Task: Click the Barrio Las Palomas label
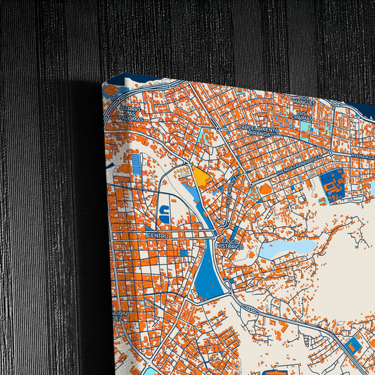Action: click(x=129, y=114)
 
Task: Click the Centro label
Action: click(x=158, y=236)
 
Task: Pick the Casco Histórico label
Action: click(x=229, y=243)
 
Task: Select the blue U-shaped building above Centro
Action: click(x=163, y=212)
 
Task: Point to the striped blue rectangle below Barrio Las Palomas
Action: click(x=136, y=165)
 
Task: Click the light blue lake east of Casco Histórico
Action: click(x=288, y=248)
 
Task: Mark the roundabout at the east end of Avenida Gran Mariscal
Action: click(x=330, y=153)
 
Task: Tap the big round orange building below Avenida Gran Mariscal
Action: click(x=266, y=189)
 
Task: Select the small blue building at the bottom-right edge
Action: click(x=352, y=345)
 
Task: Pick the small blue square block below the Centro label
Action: click(x=184, y=252)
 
